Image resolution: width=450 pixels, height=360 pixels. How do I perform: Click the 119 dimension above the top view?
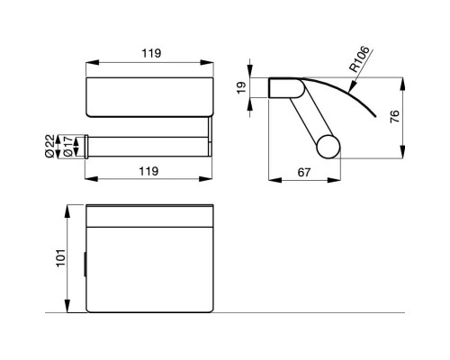pos(150,53)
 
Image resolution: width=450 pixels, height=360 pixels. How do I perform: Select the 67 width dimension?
pos(306,169)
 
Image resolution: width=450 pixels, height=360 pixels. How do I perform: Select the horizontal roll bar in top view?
pos(148,142)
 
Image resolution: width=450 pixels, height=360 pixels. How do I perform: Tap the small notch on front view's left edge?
pos(86,265)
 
